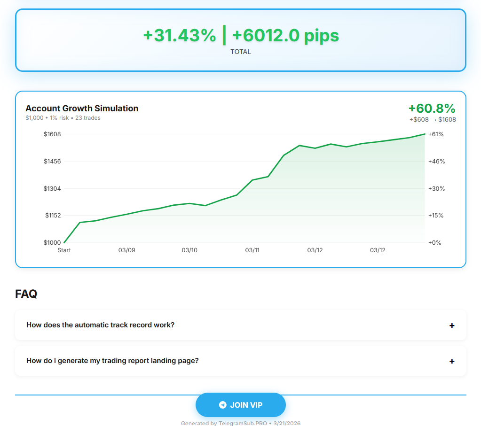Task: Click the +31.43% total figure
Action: (180, 35)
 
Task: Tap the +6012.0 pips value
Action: (285, 35)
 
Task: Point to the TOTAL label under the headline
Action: (241, 52)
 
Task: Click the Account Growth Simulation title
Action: (82, 108)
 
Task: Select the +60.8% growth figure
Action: (432, 108)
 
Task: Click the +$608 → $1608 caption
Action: (433, 119)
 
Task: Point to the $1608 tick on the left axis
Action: (52, 134)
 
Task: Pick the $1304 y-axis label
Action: (52, 188)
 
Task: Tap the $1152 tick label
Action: (53, 216)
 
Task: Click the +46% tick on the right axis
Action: (436, 162)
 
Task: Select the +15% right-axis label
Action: (436, 216)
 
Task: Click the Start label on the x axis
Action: (64, 250)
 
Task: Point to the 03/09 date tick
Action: (126, 250)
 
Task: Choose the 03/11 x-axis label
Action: (252, 250)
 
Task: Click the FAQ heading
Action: (26, 294)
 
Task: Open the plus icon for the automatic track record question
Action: (452, 325)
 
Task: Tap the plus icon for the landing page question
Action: (452, 361)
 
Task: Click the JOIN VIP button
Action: (241, 405)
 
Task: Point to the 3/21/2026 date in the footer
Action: (287, 423)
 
